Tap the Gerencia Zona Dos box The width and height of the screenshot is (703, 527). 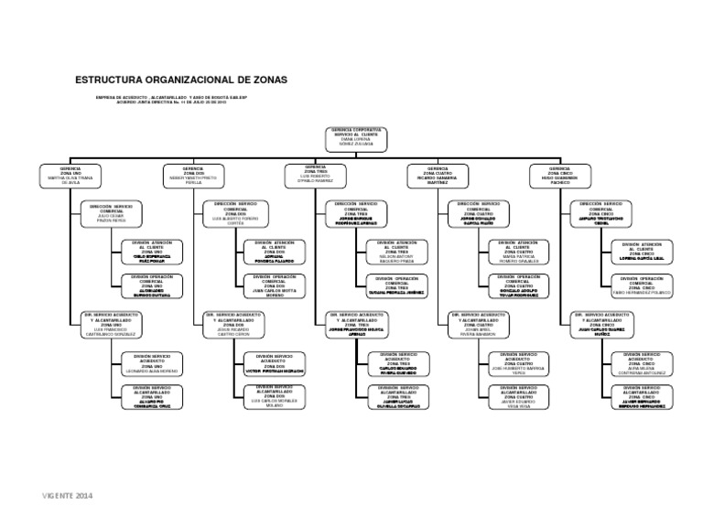(x=193, y=176)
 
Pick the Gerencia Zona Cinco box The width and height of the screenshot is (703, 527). (x=559, y=176)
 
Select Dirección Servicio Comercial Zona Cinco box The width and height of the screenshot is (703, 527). (x=601, y=212)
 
